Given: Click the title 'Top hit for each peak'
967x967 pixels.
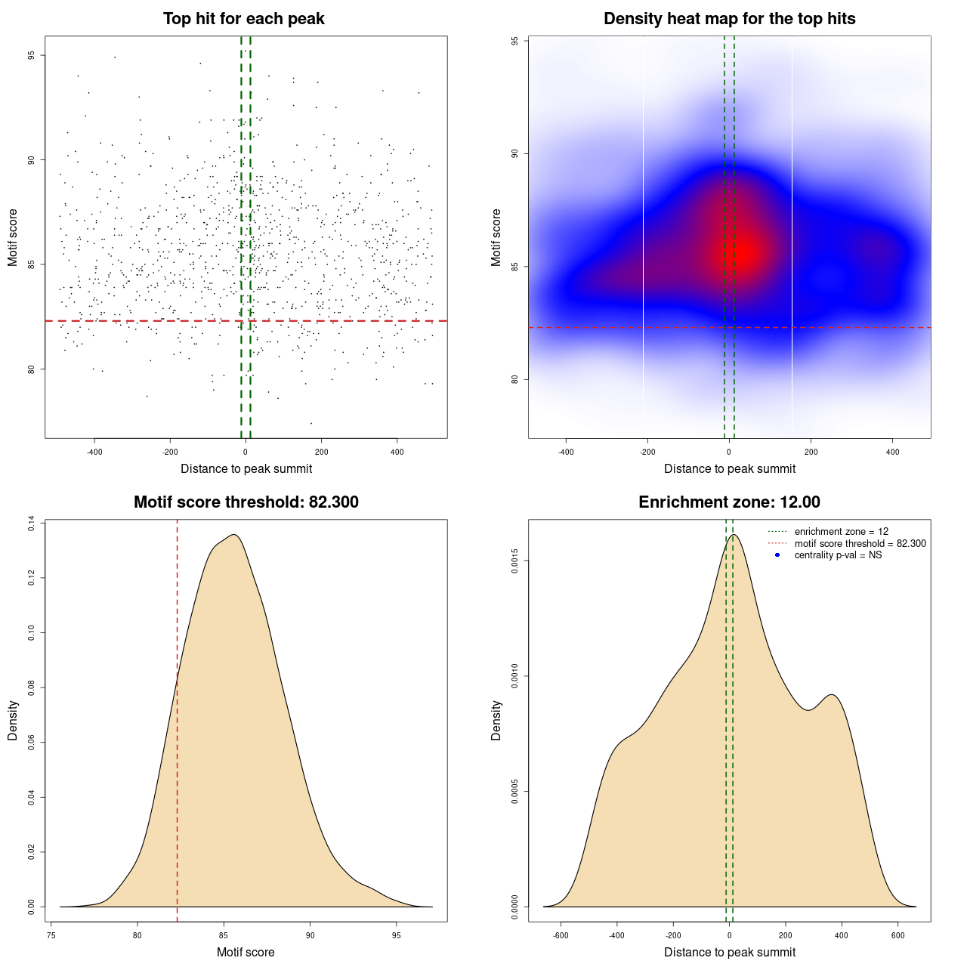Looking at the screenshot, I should pyautogui.click(x=244, y=19).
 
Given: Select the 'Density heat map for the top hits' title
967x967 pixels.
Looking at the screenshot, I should pyautogui.click(x=729, y=19).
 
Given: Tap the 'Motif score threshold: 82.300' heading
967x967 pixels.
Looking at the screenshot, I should pyautogui.click(x=246, y=502).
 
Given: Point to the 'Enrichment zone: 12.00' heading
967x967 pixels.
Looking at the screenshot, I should pyautogui.click(x=729, y=502).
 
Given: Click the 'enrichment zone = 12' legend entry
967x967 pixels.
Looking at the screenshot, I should pyautogui.click(x=841, y=532).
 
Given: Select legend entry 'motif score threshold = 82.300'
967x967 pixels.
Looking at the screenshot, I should pyautogui.click(x=860, y=544).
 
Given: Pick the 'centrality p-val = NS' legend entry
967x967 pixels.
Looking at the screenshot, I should pyautogui.click(x=838, y=555).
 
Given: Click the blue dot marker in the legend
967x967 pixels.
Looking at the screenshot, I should pyautogui.click(x=777, y=555).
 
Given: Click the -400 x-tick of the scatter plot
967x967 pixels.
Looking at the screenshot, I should pyautogui.click(x=94, y=453).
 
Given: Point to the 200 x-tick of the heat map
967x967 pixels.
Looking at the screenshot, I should pyautogui.click(x=811, y=453).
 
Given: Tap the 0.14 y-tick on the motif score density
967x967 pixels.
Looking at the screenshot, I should pyautogui.click(x=32, y=524).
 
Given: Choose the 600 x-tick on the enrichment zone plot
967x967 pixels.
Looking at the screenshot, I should pyautogui.click(x=897, y=935).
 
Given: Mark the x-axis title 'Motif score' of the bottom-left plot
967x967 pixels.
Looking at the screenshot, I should pyautogui.click(x=246, y=952).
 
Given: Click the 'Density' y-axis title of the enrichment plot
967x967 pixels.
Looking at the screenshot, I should pyautogui.click(x=496, y=720).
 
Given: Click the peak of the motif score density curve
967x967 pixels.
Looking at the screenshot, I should pyautogui.click(x=234, y=535).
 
